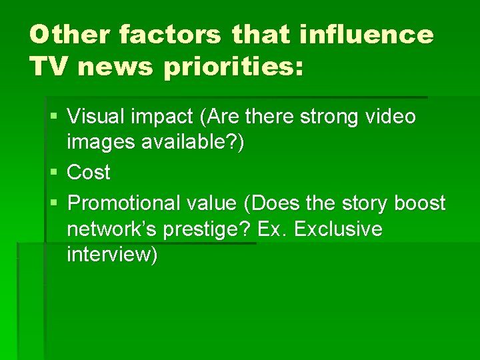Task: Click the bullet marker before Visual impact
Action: click(55, 117)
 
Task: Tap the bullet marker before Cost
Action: click(55, 173)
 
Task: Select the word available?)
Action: click(194, 145)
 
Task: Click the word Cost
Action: click(89, 173)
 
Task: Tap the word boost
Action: click(419, 202)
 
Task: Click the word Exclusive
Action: click(338, 229)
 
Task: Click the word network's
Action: click(109, 229)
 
